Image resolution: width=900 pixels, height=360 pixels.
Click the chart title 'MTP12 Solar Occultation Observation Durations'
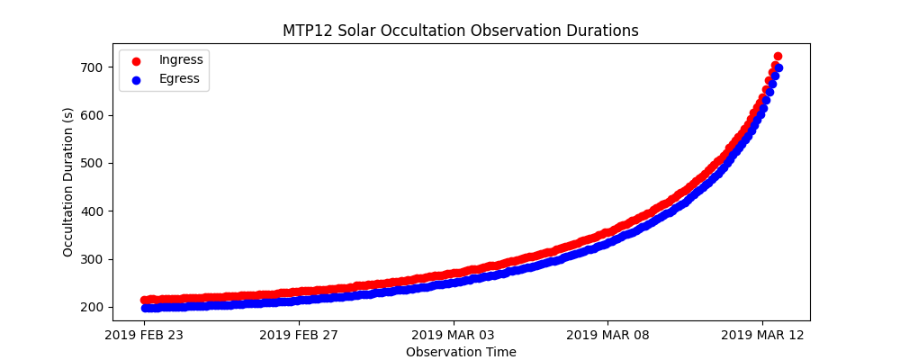click(460, 31)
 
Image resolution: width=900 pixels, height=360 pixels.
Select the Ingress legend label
click(181, 59)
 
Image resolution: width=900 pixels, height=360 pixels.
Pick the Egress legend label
click(179, 78)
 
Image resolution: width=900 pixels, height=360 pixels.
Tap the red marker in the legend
click(136, 61)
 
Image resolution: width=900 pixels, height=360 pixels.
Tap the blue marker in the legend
click(136, 80)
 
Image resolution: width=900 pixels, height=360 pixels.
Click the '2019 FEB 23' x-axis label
click(145, 337)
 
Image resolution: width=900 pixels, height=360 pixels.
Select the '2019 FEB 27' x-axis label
click(300, 337)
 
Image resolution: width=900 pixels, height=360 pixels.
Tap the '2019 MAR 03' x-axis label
click(454, 337)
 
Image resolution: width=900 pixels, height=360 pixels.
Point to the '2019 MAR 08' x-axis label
click(607, 337)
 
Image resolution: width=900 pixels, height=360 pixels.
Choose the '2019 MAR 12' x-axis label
click(762, 337)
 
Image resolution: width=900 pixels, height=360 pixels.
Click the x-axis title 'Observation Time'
click(461, 352)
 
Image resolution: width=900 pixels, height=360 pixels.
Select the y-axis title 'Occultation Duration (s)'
click(68, 182)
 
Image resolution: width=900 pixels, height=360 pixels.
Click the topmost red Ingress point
click(778, 56)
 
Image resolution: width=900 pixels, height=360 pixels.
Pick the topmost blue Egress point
click(778, 67)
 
